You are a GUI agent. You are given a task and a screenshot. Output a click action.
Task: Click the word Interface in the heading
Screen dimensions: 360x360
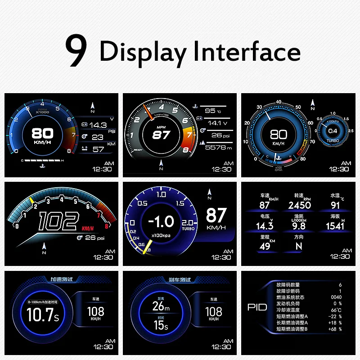pos(247,51)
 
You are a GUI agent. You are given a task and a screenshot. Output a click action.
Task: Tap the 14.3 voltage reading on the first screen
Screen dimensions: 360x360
pos(98,125)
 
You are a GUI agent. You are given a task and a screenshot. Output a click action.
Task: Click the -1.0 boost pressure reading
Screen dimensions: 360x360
pos(161,221)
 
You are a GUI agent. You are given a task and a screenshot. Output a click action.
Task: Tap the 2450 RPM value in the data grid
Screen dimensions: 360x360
pos(299,205)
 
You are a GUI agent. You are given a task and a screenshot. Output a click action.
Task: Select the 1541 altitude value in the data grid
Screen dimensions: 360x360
pos(334,226)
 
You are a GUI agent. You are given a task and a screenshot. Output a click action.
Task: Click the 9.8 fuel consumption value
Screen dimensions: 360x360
pos(299,226)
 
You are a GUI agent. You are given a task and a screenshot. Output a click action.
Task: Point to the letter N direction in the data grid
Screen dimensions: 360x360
pos(299,246)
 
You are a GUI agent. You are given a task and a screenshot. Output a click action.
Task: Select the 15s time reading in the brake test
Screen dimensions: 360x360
pos(161,325)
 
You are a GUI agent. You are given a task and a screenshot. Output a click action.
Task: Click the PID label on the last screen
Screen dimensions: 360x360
pos(257,307)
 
